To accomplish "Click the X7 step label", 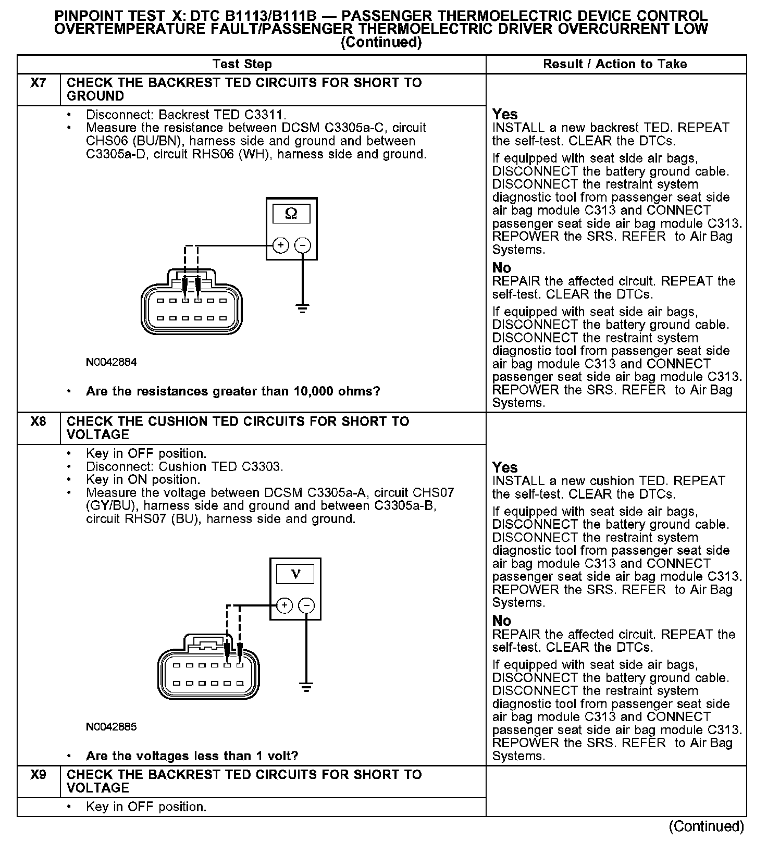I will (38, 83).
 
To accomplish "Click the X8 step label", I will (38, 422).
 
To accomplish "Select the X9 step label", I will (38, 775).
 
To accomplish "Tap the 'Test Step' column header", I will (242, 64).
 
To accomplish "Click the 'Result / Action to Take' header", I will (615, 64).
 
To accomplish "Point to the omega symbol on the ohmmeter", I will (291, 214).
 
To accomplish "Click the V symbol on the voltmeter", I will (295, 574).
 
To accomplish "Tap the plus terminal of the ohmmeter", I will (280, 245).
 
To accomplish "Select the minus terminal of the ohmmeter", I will (303, 245).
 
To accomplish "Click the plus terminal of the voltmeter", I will (284, 605).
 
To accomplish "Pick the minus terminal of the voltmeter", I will (306, 605).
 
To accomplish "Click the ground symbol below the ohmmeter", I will (303, 308).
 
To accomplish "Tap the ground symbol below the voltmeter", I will (306, 687).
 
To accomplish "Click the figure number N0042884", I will (111, 362).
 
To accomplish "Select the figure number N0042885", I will (111, 727).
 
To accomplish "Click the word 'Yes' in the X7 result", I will (505, 114).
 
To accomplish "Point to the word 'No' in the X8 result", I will (502, 621).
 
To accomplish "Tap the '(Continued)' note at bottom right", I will (706, 826).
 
